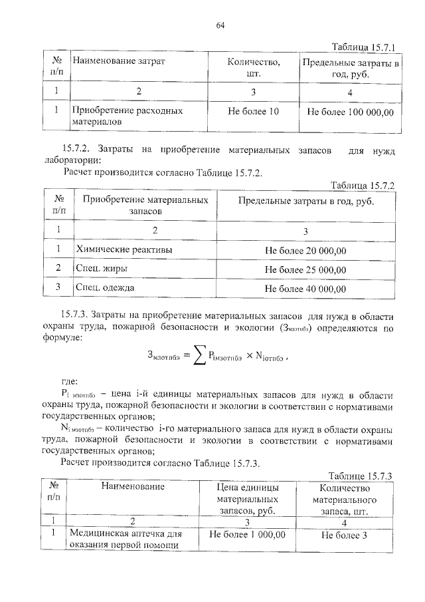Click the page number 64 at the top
pos(221,26)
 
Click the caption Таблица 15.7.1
pos(363,47)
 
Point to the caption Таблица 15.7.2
pos(363,186)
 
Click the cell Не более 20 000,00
pos(305,251)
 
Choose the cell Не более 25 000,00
pos(305,269)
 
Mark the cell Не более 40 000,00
pos(305,288)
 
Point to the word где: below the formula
pos(70,381)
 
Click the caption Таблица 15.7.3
pos(363,476)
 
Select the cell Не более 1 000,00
pos(248,534)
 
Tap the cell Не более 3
pos(344,534)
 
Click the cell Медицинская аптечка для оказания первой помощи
pos(126,539)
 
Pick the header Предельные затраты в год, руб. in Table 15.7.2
pos(305,200)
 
